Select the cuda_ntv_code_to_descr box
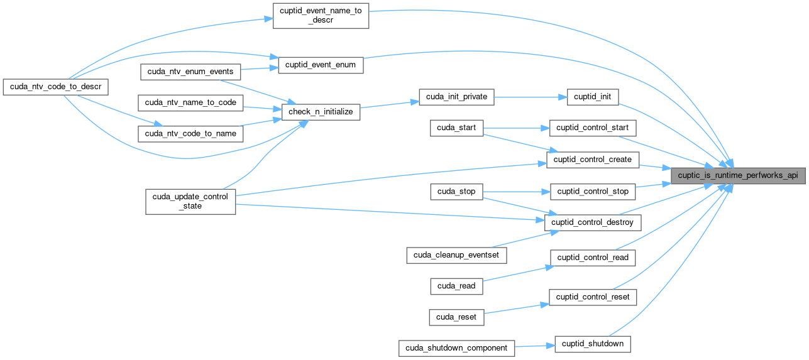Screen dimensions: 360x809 (x=56, y=86)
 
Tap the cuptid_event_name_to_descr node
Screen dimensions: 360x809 (x=320, y=15)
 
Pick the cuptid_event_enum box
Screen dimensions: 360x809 (x=321, y=65)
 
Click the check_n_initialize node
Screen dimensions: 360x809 (x=321, y=112)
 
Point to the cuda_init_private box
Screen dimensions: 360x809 (x=457, y=96)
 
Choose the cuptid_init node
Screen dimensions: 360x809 (x=593, y=96)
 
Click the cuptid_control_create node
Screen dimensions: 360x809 (x=593, y=160)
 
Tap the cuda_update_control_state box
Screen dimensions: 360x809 (x=190, y=201)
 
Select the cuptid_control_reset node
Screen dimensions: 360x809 (x=593, y=297)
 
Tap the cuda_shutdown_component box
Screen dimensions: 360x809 (x=457, y=347)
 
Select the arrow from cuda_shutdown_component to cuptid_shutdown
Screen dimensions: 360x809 (x=535, y=346)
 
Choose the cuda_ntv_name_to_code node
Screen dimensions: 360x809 (x=190, y=102)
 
